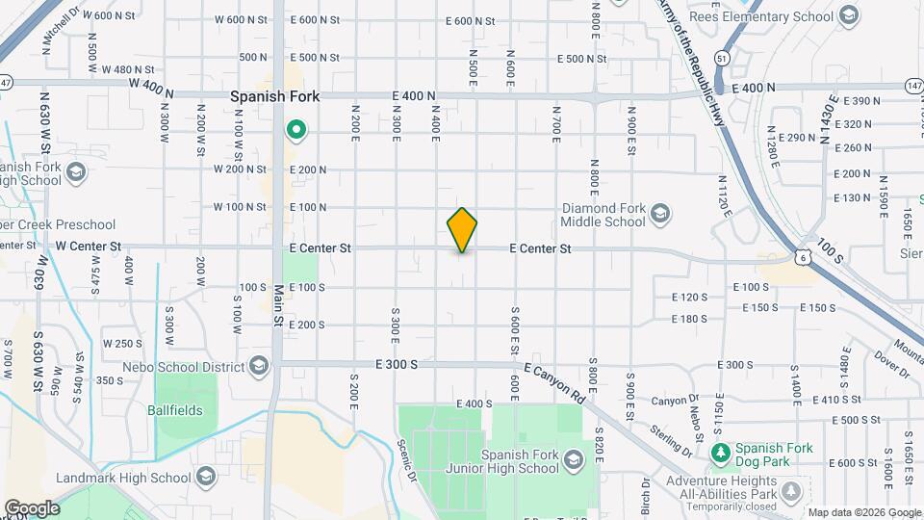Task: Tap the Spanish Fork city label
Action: click(274, 97)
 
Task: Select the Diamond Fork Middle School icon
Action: click(660, 213)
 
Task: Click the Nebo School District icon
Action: click(259, 366)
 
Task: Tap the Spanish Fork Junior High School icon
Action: click(573, 458)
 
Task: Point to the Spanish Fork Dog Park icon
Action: click(719, 453)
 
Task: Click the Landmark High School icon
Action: click(205, 477)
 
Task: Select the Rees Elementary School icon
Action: click(848, 16)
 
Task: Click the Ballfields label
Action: click(175, 409)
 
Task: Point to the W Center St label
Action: click(88, 247)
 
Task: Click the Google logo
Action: click(32, 507)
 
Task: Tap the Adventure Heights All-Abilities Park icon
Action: click(791, 491)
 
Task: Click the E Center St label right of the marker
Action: click(540, 248)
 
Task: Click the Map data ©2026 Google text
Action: click(862, 512)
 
